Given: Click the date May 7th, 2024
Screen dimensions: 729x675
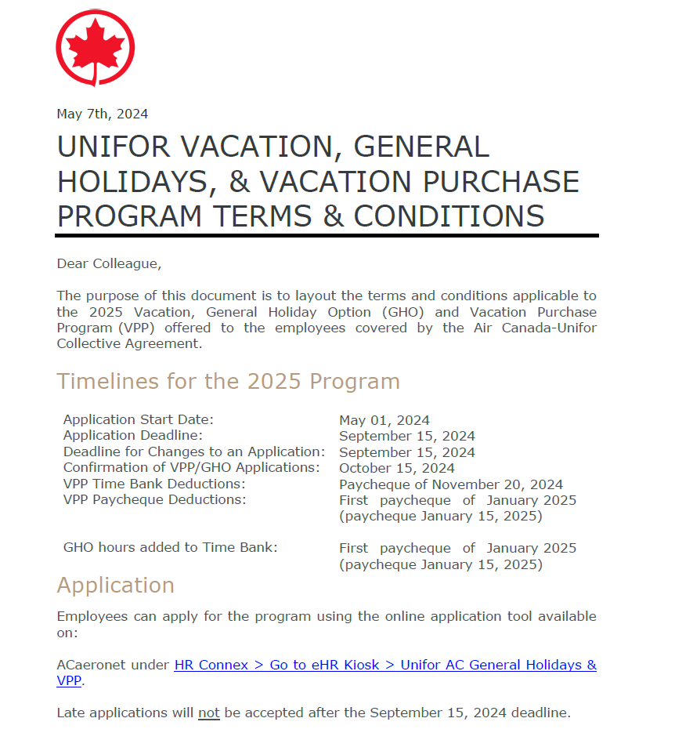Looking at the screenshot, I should tap(102, 114).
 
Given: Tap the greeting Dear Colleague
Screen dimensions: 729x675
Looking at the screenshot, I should tap(109, 263).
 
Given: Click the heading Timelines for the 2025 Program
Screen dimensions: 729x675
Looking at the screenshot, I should tap(228, 381).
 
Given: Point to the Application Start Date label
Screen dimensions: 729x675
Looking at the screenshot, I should tap(138, 419).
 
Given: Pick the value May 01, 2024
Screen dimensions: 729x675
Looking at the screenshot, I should tap(384, 420).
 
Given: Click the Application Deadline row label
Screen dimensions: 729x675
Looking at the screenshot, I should tap(132, 435).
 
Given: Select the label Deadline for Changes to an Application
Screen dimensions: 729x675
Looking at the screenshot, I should tap(193, 452).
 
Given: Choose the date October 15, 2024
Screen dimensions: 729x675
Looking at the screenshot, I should tap(396, 469).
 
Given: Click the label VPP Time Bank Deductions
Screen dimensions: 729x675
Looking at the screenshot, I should tap(149, 484).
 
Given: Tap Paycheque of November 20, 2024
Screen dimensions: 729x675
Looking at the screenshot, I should tap(450, 484).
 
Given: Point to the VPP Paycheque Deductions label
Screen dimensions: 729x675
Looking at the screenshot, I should tap(154, 499).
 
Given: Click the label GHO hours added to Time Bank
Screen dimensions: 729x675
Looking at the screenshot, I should tap(170, 547).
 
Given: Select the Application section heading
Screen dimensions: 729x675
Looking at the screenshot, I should tap(115, 586).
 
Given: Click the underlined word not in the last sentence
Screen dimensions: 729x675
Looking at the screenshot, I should tap(208, 713).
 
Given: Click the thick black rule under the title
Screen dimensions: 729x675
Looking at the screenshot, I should tap(327, 235).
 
